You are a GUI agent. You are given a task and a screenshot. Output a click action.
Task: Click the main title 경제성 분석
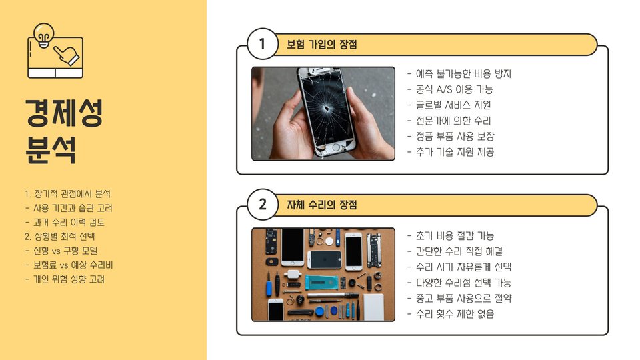(x=64, y=131)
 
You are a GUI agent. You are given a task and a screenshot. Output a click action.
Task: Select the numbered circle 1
(x=263, y=44)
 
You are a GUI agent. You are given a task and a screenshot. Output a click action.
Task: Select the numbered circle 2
(x=263, y=204)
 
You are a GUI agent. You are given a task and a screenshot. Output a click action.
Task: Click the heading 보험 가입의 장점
(x=321, y=44)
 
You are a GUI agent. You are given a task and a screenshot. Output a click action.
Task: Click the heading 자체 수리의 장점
(x=321, y=205)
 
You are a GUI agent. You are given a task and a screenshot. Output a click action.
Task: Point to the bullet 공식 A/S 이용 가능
(x=450, y=89)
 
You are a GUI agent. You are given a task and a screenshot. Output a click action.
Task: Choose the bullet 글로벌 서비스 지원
(x=449, y=105)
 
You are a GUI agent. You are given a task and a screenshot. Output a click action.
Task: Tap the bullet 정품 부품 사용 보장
(x=451, y=136)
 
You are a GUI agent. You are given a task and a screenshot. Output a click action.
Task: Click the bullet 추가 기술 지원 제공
(x=451, y=152)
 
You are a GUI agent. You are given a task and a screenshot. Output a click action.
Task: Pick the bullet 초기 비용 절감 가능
(x=451, y=235)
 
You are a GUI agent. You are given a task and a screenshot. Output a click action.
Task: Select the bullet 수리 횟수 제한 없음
(x=451, y=314)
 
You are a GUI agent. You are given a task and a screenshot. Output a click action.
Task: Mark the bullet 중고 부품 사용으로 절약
(x=459, y=299)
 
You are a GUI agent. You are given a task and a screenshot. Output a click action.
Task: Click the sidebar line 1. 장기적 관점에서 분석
(x=67, y=193)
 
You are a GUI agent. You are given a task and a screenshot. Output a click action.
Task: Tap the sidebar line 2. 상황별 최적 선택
(x=59, y=236)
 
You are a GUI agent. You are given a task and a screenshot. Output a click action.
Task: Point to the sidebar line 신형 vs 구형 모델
(x=61, y=251)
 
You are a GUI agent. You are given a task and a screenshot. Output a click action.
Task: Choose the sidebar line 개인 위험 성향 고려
(x=65, y=279)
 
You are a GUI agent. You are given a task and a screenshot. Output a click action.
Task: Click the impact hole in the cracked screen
(x=327, y=109)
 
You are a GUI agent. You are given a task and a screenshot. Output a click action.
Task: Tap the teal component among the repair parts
(x=321, y=282)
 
